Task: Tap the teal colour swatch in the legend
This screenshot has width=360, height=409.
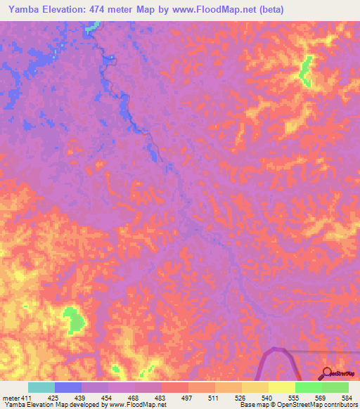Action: tap(41, 387)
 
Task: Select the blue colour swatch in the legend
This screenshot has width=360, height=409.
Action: tap(68, 387)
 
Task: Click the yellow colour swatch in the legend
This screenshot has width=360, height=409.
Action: tap(282, 387)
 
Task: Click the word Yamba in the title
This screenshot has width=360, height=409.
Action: tap(25, 10)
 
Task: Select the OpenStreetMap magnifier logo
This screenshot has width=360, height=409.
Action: tap(328, 372)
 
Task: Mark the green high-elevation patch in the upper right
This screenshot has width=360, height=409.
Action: tap(305, 70)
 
